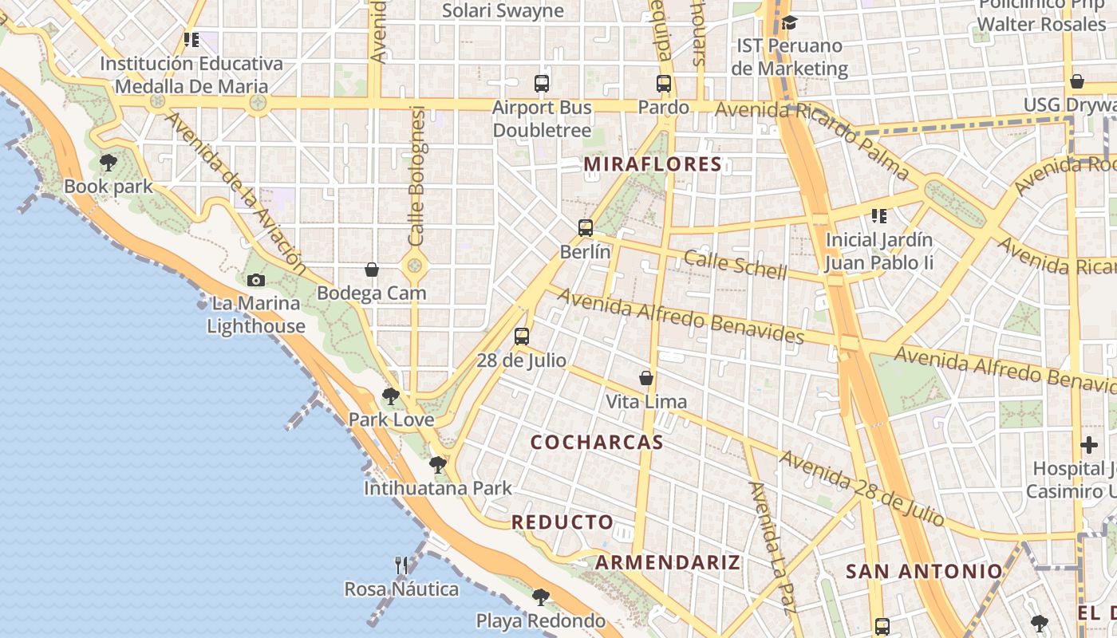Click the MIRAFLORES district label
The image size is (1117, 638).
coord(653,165)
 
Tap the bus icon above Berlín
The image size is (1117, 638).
coord(586,228)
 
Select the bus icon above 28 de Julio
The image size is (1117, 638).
coord(522,337)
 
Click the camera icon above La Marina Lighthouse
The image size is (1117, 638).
coord(256,280)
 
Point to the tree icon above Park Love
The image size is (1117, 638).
coord(390,396)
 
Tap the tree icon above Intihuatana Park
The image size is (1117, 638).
coord(437,464)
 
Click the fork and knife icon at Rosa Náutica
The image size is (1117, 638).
coord(401,565)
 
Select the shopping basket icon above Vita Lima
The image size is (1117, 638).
coord(646,378)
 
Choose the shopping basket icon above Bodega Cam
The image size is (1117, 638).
coord(371,270)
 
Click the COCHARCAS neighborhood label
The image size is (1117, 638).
coord(597,443)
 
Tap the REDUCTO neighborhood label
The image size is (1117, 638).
coord(562,522)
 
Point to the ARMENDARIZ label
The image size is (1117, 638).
coord(668,562)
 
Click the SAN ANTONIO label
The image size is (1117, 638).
coord(924,571)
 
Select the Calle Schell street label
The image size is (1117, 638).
coord(736,263)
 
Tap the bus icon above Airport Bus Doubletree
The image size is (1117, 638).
coord(542,83)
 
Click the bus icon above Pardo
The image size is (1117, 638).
coord(664,83)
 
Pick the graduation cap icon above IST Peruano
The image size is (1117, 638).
coord(789,22)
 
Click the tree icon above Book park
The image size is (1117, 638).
coord(109,163)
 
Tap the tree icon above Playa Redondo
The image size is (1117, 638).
coord(541,597)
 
